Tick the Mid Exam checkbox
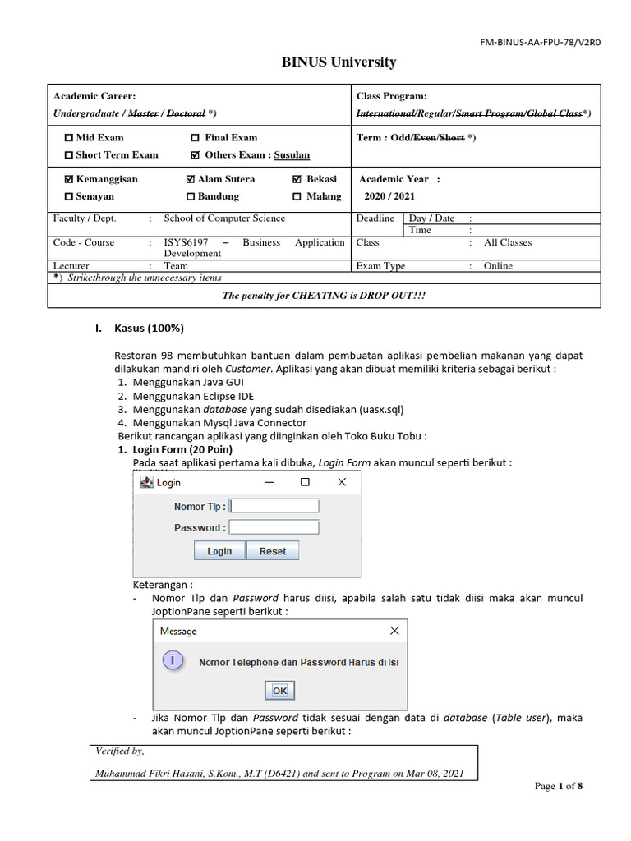point(69,138)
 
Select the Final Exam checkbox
point(195,138)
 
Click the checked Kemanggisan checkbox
point(69,179)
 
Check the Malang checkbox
point(297,197)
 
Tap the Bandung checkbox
point(191,197)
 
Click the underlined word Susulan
point(292,155)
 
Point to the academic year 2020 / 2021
point(390,197)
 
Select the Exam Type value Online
point(498,266)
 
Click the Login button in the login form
point(219,551)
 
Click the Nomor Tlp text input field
point(274,506)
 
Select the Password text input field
point(274,527)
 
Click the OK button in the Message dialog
point(279,691)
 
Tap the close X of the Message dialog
point(394,631)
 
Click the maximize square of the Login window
point(305,482)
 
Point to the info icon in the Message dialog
point(173,660)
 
